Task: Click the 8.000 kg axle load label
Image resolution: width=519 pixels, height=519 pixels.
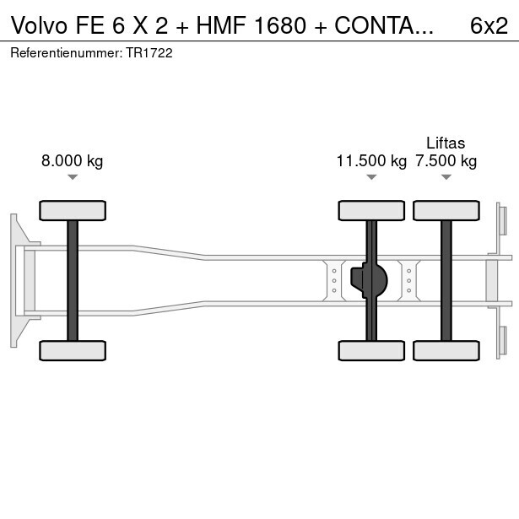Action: coord(72,161)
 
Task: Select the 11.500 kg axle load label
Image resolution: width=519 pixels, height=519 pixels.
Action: coord(371,161)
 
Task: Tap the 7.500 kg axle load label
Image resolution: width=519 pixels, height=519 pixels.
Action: coord(446,161)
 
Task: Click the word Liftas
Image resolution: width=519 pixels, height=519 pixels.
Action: coord(446,143)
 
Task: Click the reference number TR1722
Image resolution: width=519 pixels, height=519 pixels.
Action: coord(149,52)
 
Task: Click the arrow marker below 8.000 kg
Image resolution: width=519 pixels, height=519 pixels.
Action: coord(73,177)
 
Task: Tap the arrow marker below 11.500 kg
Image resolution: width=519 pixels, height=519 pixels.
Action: coord(371,177)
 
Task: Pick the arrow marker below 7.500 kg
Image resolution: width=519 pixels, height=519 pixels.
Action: coord(446,177)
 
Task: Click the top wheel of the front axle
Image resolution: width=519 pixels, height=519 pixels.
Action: coord(73,211)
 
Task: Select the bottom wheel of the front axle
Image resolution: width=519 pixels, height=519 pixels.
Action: coord(73,350)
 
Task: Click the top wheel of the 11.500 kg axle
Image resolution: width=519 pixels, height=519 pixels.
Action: coord(371,211)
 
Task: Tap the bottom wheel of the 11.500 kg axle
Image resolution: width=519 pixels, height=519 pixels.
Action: coord(371,350)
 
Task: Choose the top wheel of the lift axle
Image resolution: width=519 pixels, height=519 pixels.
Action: coord(446,211)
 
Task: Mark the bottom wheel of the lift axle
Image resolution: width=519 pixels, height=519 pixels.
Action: coord(446,350)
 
